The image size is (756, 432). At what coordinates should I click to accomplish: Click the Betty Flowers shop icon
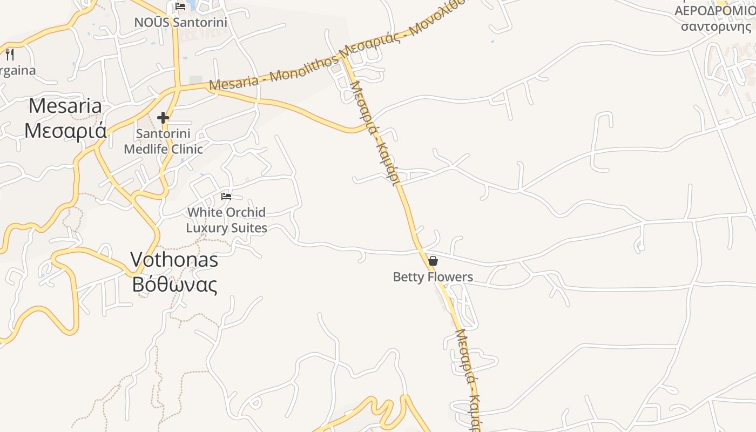click(433, 261)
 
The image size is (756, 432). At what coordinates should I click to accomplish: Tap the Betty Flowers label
click(433, 277)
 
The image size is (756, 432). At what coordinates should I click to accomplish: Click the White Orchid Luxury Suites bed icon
click(226, 197)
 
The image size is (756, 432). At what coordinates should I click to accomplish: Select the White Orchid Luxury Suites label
click(226, 220)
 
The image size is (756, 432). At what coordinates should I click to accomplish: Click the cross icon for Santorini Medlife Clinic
click(163, 118)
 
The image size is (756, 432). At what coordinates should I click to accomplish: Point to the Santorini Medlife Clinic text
click(163, 141)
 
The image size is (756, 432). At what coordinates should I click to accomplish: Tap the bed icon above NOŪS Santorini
click(180, 6)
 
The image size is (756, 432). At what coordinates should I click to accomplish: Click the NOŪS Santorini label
click(180, 22)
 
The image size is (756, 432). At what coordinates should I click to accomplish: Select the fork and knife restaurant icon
click(10, 55)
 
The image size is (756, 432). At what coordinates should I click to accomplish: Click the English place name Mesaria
click(65, 106)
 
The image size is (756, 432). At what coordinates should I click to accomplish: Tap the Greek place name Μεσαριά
click(65, 131)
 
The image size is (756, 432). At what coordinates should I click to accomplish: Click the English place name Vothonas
click(174, 260)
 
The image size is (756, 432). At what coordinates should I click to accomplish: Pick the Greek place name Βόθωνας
click(174, 285)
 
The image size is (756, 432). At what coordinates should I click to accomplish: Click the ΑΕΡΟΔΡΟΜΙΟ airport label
click(714, 11)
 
